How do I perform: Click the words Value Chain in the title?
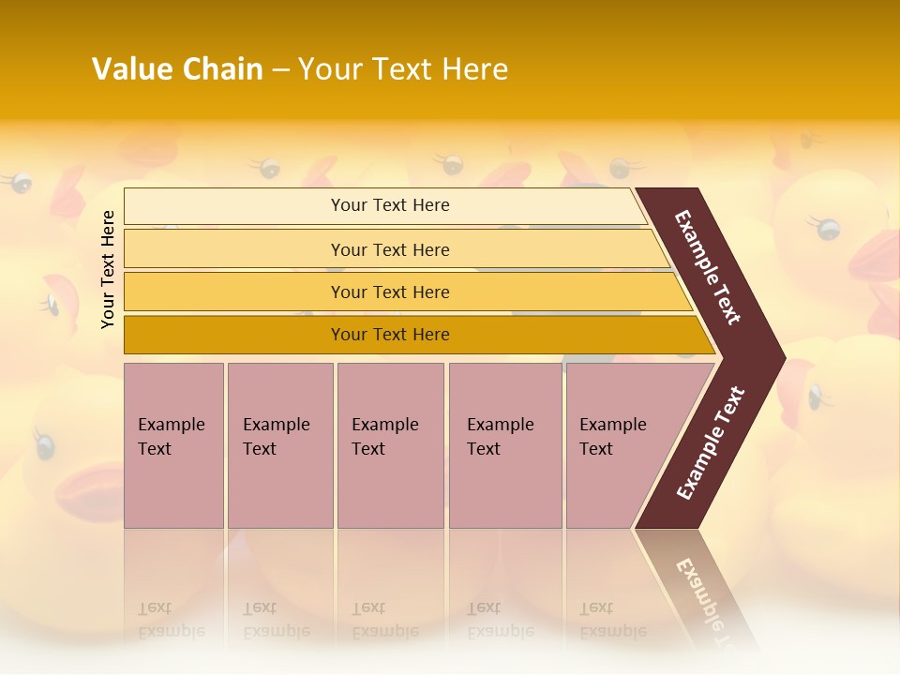coord(177,69)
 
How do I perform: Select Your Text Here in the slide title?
coord(403,69)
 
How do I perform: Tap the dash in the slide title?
coord(280,70)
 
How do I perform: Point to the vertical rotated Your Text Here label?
coord(108,269)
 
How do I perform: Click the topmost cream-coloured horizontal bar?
coord(390,205)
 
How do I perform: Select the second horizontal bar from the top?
coord(390,249)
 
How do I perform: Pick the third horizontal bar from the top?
coord(390,292)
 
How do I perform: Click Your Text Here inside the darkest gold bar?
coord(390,335)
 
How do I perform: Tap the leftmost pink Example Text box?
coord(173,445)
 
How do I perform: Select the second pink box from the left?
coord(279,445)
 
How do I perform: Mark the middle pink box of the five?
coord(390,445)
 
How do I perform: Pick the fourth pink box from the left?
coord(504,445)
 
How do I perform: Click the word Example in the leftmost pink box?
coord(171,425)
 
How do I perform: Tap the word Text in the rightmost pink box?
coord(596,449)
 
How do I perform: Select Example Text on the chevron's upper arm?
coord(708,267)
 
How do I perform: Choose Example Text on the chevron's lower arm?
coord(711,442)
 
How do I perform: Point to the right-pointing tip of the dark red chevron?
coord(782,357)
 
